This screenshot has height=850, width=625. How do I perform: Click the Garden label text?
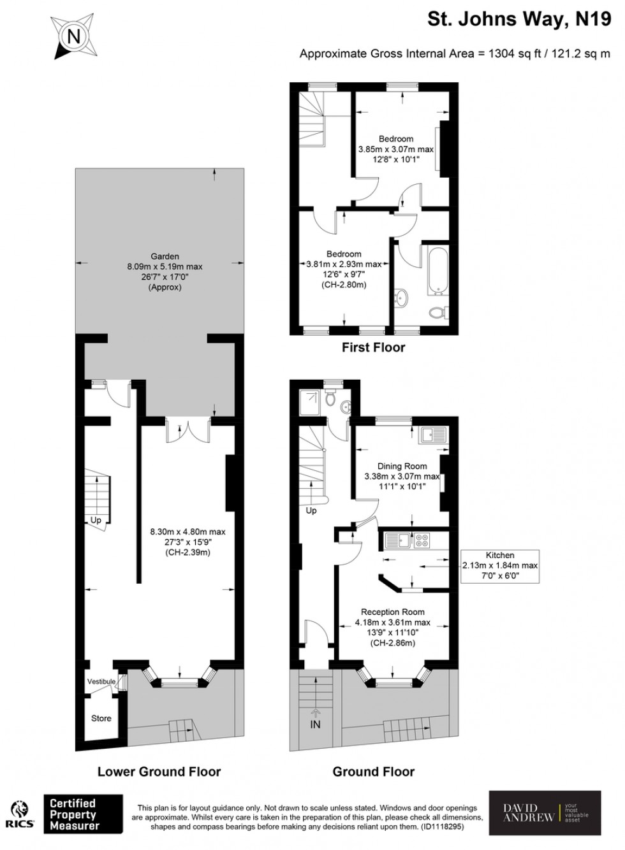click(165, 257)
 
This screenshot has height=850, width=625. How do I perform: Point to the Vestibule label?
click(101, 681)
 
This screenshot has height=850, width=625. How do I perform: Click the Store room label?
click(101, 718)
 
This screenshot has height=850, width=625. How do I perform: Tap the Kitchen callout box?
click(500, 565)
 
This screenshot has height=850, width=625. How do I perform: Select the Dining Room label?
click(402, 466)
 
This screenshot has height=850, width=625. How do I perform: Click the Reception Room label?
click(392, 612)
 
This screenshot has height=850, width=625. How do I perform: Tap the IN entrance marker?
click(315, 724)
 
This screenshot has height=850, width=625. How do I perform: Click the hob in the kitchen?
click(422, 541)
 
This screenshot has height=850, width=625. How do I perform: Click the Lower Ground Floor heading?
click(159, 772)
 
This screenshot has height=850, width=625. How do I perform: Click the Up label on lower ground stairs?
click(96, 520)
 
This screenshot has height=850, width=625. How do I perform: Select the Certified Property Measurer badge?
click(82, 814)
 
